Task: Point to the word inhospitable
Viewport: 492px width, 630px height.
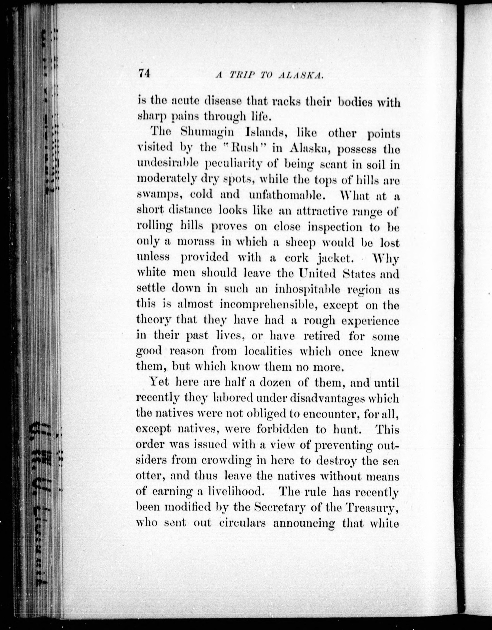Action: tap(307, 289)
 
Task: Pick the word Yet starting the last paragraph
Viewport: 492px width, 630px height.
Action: tap(159, 382)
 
